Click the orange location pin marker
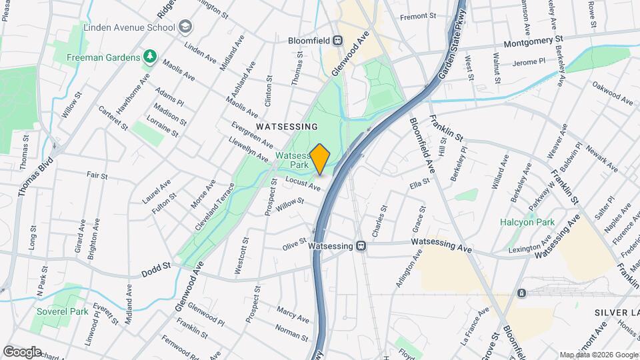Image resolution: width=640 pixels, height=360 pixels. (320, 159)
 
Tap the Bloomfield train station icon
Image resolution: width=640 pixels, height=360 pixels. (338, 39)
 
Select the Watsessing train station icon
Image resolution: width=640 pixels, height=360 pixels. (361, 246)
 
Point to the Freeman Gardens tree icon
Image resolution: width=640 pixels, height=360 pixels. (151, 57)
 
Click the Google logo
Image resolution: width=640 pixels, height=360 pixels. (22, 351)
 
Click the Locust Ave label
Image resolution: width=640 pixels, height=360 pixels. (303, 183)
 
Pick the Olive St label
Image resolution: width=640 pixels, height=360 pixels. (294, 244)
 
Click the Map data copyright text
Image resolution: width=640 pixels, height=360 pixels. (598, 354)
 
